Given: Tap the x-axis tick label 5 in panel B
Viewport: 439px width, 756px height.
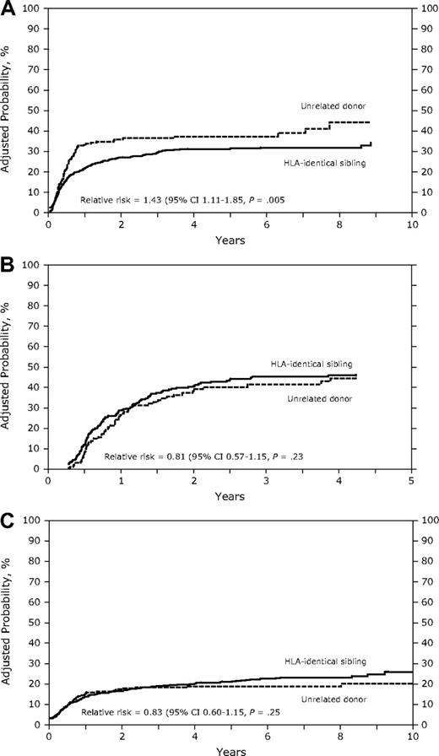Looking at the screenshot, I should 410,480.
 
